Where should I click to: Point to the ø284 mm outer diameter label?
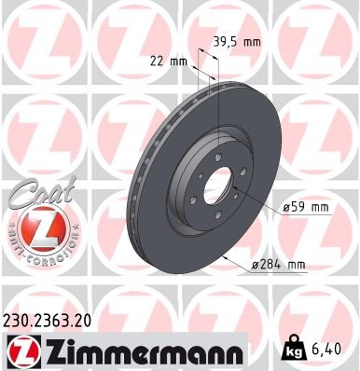279,266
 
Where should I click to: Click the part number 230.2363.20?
56,321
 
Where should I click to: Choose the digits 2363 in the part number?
56,321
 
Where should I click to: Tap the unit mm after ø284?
296,266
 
